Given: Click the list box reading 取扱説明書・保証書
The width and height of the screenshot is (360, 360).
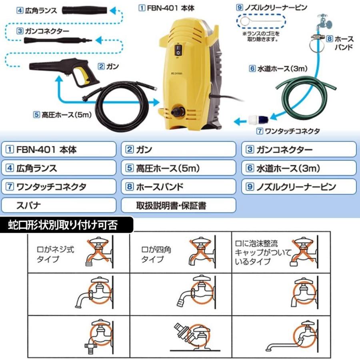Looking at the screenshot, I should pyautogui.click(x=178, y=206).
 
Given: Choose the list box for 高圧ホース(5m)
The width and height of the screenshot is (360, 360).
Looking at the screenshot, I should pyautogui.click(x=178, y=168).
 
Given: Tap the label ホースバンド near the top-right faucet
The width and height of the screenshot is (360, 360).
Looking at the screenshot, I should pyautogui.click(x=343, y=43).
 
